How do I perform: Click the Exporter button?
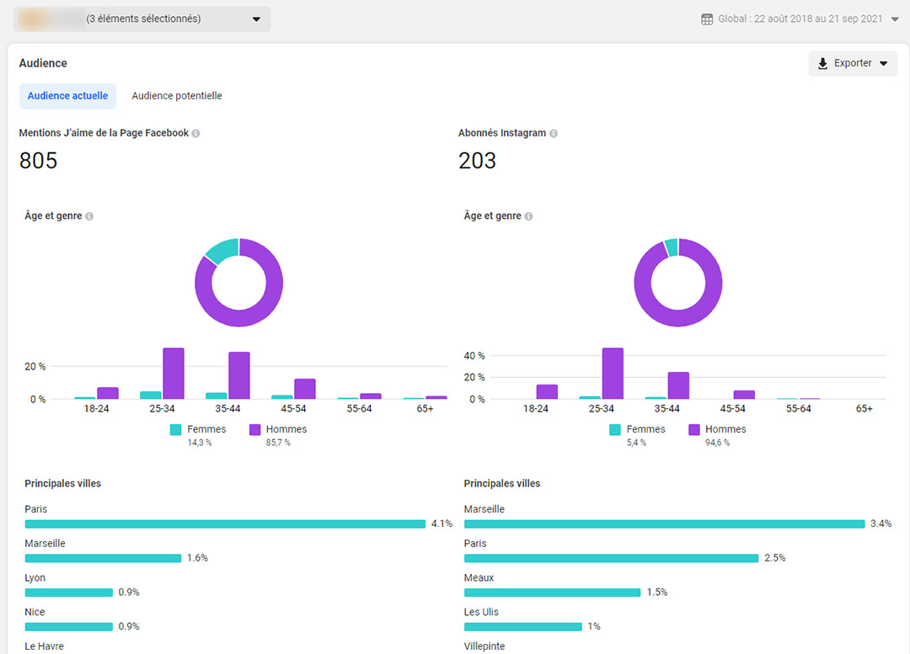pos(853,63)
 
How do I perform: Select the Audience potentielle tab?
pos(177,96)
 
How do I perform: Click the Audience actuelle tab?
pos(67,96)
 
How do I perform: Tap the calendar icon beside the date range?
pos(707,19)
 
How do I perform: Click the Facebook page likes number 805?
pos(39,161)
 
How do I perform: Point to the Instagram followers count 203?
pos(477,161)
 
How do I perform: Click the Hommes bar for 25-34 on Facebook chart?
pos(174,373)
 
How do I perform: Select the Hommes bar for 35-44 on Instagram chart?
pos(678,385)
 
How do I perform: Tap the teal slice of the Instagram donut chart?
pos(672,247)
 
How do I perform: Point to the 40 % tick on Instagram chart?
pos(475,356)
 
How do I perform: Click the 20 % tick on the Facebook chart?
pos(35,367)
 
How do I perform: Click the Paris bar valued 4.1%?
pos(225,524)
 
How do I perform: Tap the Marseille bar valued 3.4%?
pos(664,524)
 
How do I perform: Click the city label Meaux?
pos(479,578)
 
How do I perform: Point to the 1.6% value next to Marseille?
pos(197,558)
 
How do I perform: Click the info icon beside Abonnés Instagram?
pos(554,134)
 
